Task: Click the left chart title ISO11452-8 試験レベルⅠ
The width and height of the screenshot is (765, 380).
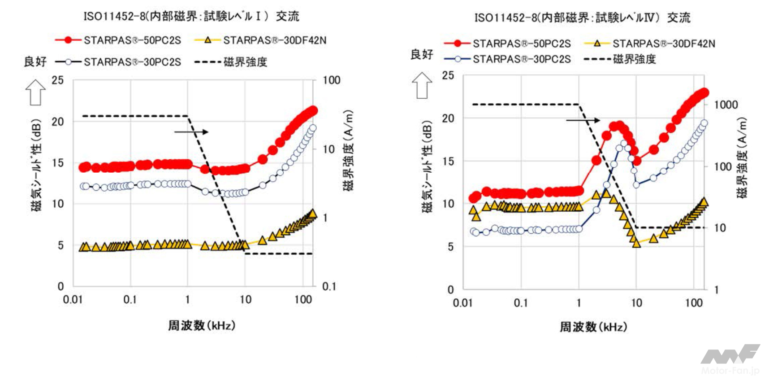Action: tap(191, 17)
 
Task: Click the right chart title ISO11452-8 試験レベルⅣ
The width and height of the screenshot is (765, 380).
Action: tap(582, 18)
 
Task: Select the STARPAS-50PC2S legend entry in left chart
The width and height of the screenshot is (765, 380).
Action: tap(118, 40)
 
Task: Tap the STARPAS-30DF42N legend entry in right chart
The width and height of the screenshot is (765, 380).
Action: tap(650, 44)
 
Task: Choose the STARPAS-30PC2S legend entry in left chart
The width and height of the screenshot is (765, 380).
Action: tap(118, 62)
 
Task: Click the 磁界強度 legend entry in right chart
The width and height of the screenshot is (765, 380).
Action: tap(620, 59)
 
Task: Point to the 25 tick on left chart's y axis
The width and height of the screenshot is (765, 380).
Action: tap(58, 80)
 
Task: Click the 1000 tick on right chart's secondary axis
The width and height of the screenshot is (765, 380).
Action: tap(726, 105)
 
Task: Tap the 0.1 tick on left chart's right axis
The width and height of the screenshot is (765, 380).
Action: tap(329, 286)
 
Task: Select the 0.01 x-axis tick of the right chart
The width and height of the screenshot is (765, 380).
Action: tap(462, 303)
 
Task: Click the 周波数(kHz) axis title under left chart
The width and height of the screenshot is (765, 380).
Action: tap(201, 325)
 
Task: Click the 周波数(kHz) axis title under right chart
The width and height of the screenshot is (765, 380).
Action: tap(593, 327)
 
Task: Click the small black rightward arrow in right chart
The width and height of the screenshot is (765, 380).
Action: tap(583, 120)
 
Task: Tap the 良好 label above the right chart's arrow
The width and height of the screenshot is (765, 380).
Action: tap(422, 55)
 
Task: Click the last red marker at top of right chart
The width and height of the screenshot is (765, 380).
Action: tap(704, 93)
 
